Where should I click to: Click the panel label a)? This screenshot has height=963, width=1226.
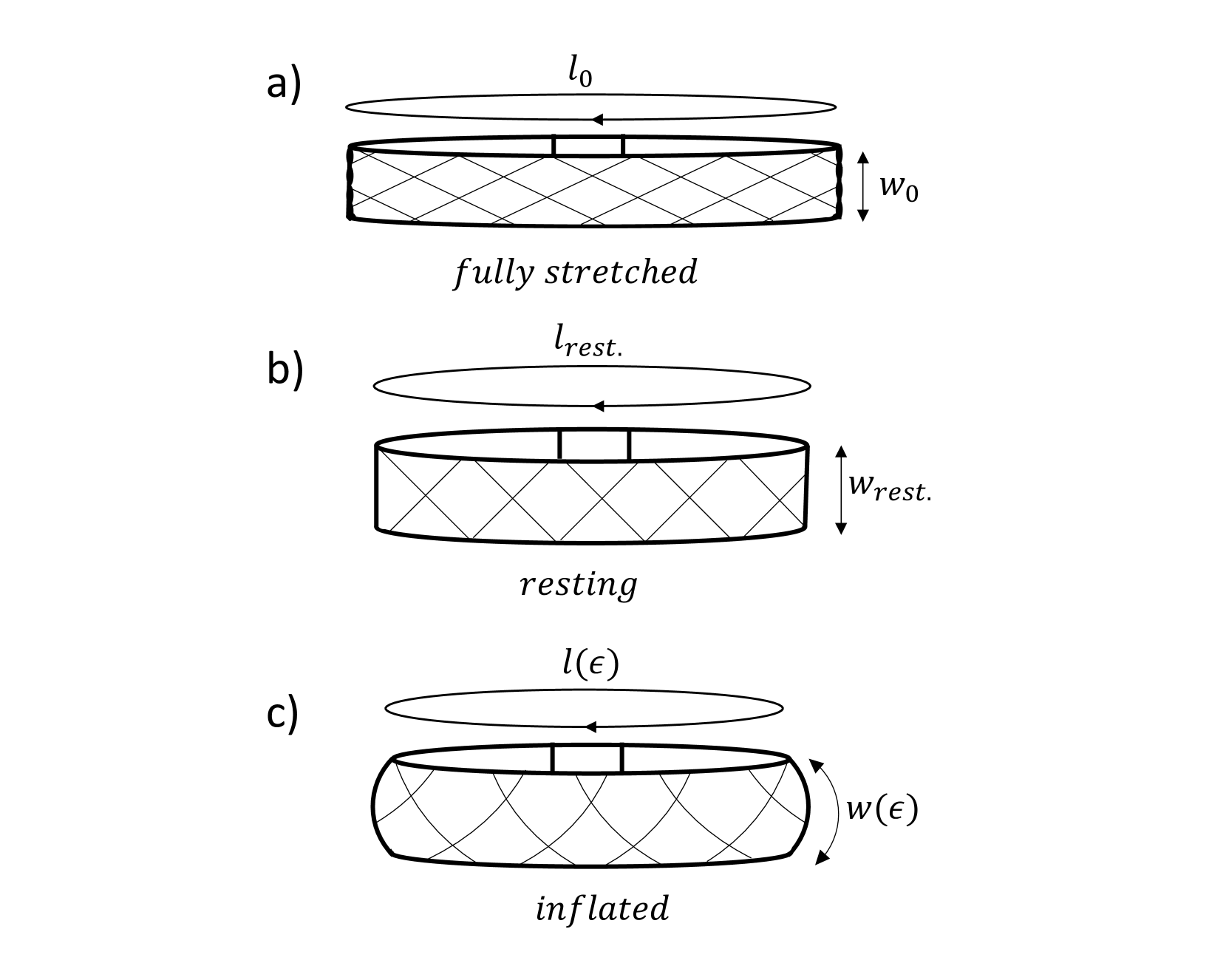click(284, 86)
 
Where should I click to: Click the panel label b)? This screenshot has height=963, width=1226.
click(285, 370)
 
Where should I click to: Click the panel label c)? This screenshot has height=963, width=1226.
click(282, 715)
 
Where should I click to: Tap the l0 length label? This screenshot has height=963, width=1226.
click(579, 75)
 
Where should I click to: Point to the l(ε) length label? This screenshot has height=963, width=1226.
click(590, 664)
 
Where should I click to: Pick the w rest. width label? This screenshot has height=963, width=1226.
click(890, 487)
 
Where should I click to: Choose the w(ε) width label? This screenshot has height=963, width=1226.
click(882, 809)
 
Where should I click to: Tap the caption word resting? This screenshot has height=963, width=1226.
click(578, 585)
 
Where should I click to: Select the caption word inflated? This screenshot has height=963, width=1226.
click(602, 908)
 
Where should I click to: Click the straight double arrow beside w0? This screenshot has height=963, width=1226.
click(862, 186)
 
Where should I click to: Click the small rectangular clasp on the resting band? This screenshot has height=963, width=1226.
click(594, 445)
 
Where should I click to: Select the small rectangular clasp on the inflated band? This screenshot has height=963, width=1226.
click(588, 759)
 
